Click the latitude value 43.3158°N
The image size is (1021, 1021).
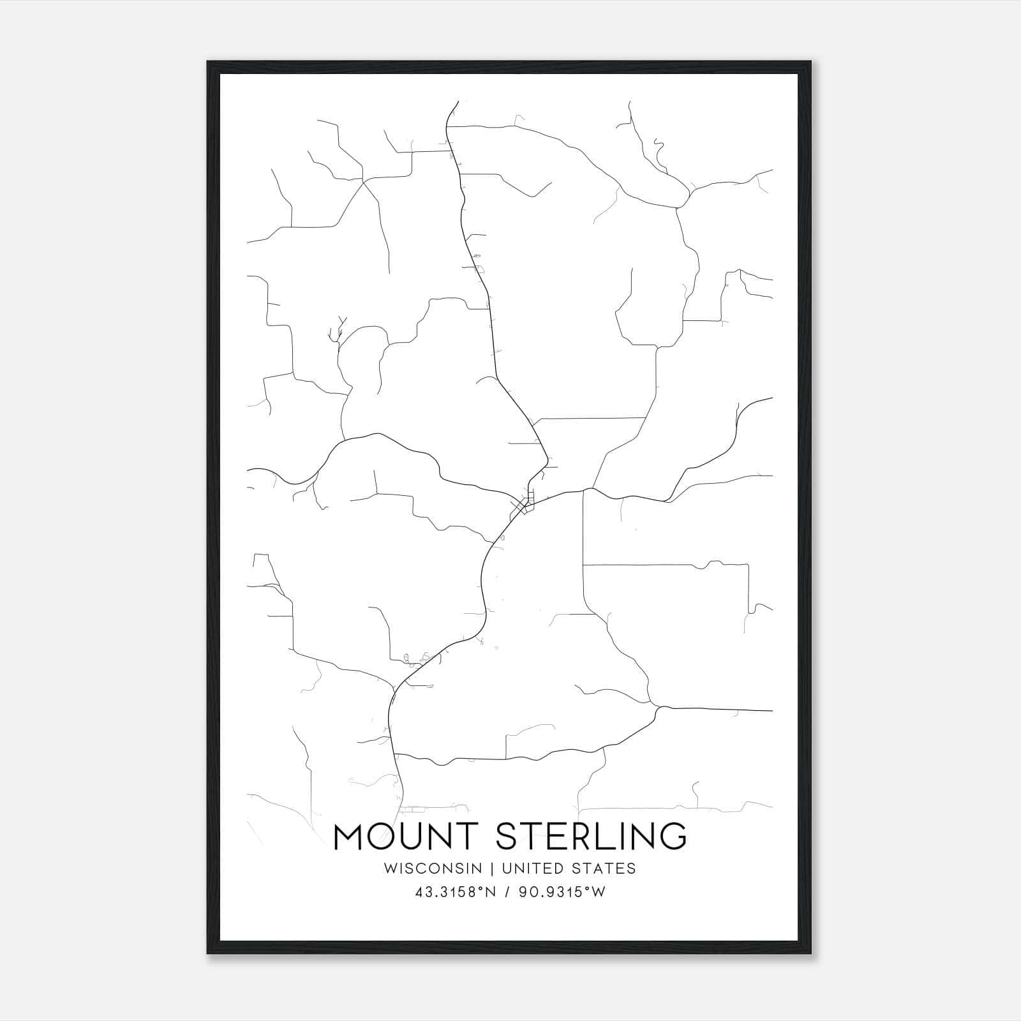click(455, 893)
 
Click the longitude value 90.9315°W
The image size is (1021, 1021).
click(562, 893)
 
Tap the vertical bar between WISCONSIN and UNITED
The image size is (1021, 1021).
click(494, 868)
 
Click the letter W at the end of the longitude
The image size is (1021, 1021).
click(599, 893)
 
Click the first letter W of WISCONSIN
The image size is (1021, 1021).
click(391, 868)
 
